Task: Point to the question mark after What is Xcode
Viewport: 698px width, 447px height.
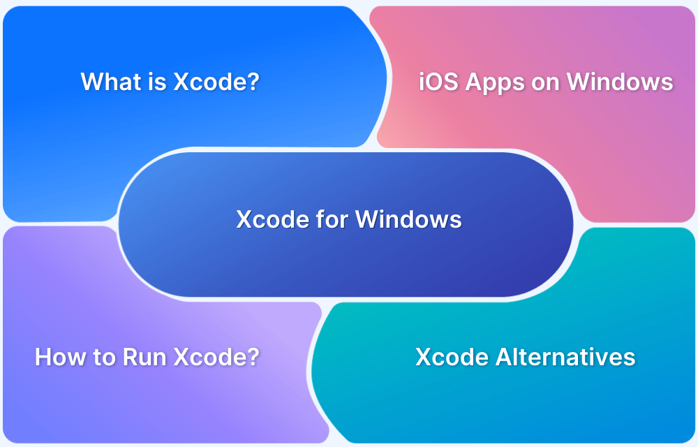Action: click(x=253, y=82)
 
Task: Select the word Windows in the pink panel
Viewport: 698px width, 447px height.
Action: click(x=620, y=82)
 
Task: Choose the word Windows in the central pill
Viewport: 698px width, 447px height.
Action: click(x=408, y=219)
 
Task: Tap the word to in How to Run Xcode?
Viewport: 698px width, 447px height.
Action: click(x=104, y=358)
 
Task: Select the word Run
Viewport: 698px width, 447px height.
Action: click(x=144, y=357)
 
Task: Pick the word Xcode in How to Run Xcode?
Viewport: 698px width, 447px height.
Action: click(x=208, y=357)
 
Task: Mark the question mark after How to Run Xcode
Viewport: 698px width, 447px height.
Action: click(x=253, y=357)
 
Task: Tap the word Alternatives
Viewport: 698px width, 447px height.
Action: click(x=565, y=357)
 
